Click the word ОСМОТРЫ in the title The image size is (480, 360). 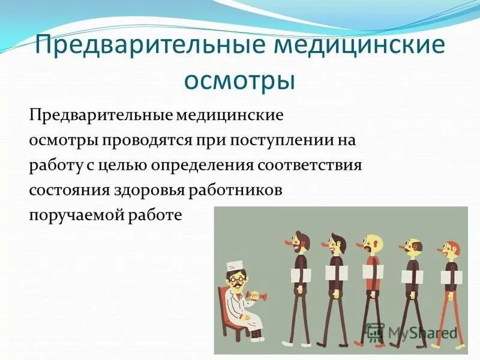point(239,80)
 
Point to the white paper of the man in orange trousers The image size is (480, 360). point(452,277)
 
